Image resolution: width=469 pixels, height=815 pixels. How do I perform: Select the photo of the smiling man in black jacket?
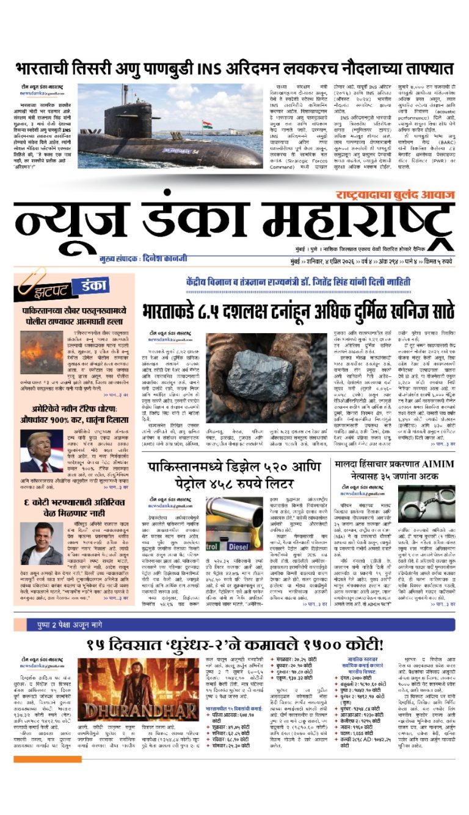coord(41,544)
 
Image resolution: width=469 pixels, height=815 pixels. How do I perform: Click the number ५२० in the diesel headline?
coord(286,466)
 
